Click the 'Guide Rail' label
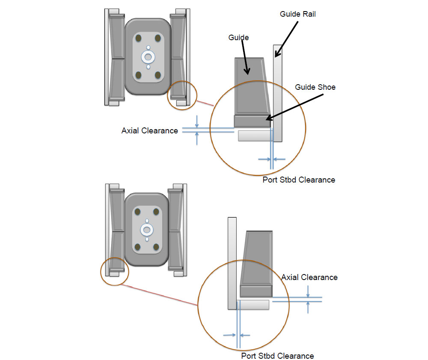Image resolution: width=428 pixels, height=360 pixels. point(297,14)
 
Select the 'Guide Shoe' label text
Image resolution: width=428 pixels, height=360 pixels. point(315,87)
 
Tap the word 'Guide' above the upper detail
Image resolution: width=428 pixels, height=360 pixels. point(238,38)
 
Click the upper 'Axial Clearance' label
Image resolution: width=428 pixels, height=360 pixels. point(149,131)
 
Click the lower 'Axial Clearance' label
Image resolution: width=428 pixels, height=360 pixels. point(309,277)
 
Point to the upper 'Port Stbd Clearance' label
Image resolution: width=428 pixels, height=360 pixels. point(299,180)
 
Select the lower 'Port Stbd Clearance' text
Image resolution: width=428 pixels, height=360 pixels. point(277,356)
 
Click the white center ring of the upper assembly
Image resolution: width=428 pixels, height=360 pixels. point(148,56)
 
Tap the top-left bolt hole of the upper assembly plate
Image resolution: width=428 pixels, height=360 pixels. point(138,38)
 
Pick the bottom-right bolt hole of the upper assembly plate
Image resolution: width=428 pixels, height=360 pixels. point(158,75)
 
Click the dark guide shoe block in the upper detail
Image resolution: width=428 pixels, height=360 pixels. point(253,121)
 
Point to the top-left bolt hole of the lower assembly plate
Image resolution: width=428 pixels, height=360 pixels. point(137,212)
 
